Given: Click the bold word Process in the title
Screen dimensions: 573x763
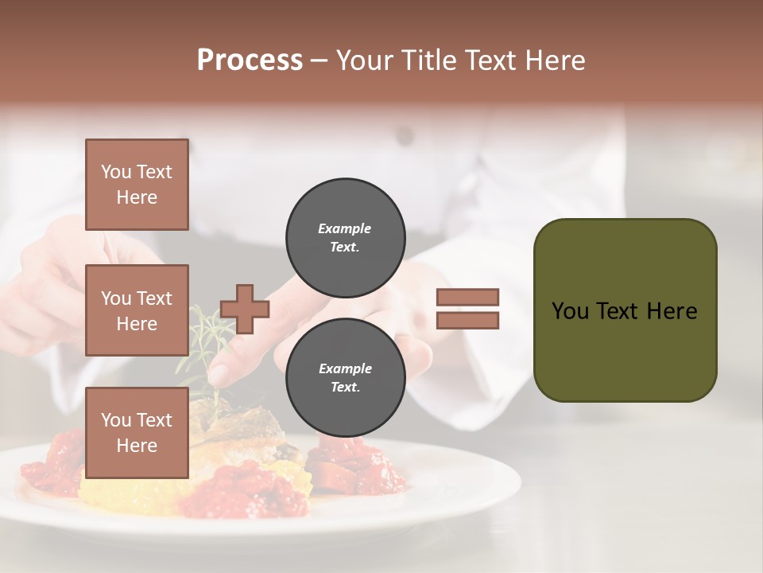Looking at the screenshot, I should (x=250, y=60).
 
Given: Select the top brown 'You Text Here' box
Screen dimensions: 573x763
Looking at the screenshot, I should (x=137, y=185).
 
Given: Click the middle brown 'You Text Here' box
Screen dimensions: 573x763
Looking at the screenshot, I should (x=137, y=310).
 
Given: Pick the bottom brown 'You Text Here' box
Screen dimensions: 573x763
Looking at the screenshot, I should (x=137, y=433).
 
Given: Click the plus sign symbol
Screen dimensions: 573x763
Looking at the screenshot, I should (x=245, y=309).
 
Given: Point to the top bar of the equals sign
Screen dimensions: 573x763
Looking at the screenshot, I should (x=467, y=298).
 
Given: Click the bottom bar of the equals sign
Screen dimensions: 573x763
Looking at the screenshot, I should (x=467, y=321).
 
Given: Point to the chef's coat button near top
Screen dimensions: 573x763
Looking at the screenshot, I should (x=406, y=137).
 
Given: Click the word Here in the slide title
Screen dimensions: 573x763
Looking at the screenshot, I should (x=556, y=60).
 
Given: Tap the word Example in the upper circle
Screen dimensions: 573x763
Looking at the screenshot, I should (x=344, y=228).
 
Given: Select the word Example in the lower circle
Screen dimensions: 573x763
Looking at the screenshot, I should (x=345, y=368).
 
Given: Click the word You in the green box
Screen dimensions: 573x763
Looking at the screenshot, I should (x=570, y=311).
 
